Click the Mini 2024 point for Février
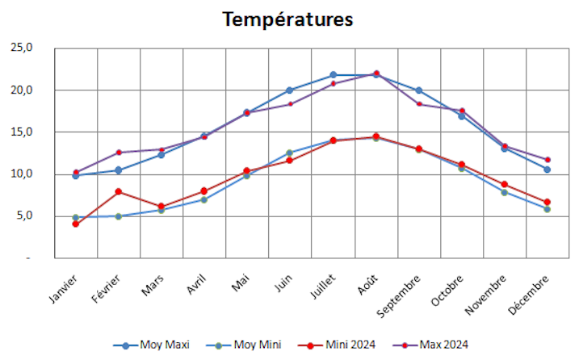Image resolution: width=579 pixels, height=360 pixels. click(119, 191)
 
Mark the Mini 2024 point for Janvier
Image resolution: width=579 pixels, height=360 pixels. click(75, 224)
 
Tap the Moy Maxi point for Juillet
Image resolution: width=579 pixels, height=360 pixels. click(333, 75)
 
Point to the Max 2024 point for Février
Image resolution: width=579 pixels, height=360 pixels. click(119, 153)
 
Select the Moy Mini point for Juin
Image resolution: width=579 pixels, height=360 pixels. click(290, 153)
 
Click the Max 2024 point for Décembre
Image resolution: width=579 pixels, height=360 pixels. click(548, 160)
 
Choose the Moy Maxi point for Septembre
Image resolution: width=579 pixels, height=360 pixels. click(419, 90)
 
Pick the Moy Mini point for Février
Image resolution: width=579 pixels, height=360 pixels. click(119, 216)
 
